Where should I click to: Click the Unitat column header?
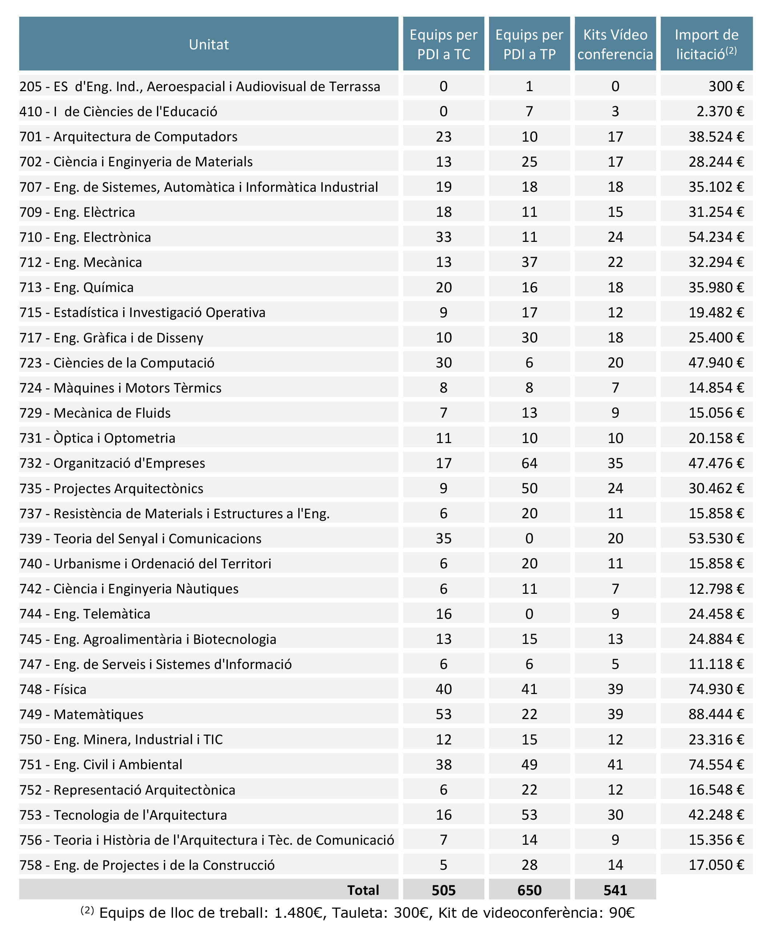click(x=209, y=44)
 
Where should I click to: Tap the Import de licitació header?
click(x=706, y=44)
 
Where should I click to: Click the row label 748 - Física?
click(x=53, y=689)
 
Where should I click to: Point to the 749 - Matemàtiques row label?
click(x=81, y=714)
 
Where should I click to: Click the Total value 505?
click(x=444, y=891)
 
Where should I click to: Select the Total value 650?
click(x=529, y=891)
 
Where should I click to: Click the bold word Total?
click(x=363, y=891)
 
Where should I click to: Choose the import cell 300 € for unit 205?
click(x=726, y=86)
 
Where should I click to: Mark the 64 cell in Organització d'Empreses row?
click(x=529, y=463)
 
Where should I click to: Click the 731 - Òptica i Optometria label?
click(x=97, y=438)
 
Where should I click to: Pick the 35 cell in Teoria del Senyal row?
click(x=444, y=539)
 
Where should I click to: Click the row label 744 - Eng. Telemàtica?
click(x=85, y=614)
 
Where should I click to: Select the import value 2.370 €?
click(x=720, y=111)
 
